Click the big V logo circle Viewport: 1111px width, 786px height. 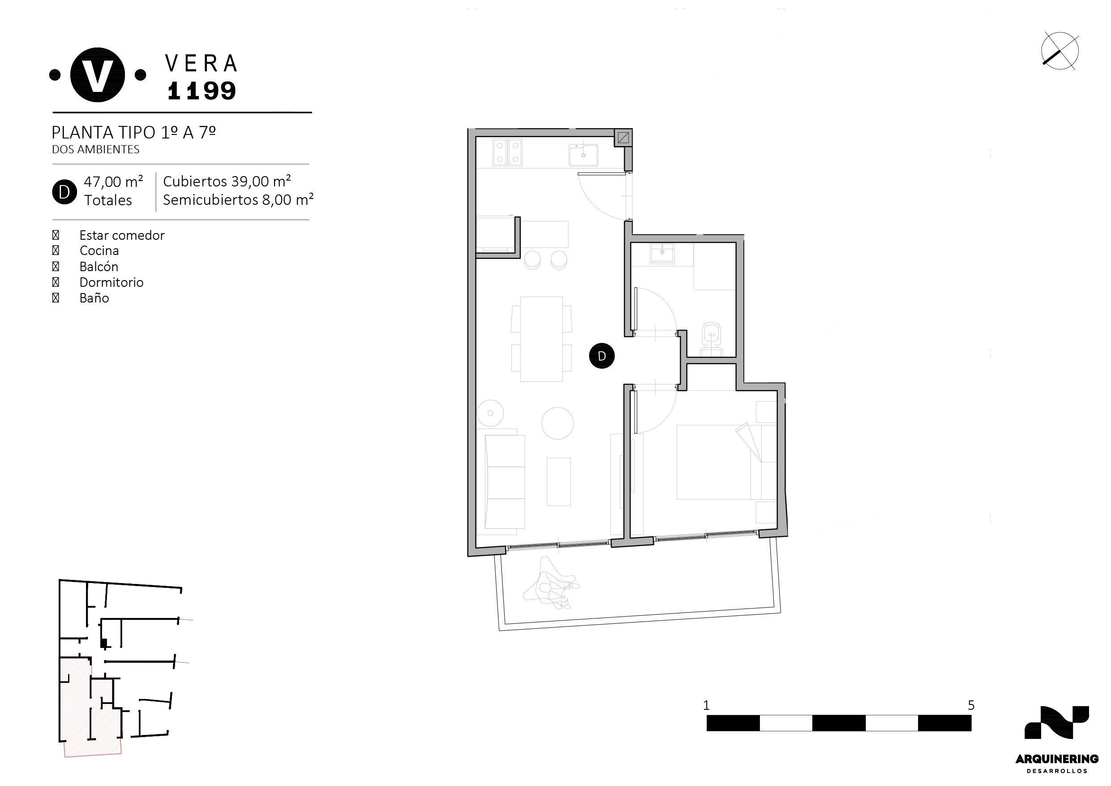click(97, 75)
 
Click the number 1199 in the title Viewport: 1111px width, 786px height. click(202, 91)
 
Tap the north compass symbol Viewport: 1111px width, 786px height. click(1060, 51)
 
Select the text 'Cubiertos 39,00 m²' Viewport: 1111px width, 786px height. click(227, 181)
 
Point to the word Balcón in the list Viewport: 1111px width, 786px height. click(99, 266)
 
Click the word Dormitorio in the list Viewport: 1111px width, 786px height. click(112, 282)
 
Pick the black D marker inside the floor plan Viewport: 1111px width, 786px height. click(601, 356)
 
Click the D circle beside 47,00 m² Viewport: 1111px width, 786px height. click(64, 192)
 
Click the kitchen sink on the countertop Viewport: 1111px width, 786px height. click(583, 155)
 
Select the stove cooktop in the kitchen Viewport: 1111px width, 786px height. click(507, 152)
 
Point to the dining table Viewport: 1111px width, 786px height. click(541, 339)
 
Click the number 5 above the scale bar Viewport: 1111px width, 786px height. click(971, 705)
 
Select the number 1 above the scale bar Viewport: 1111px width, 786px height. click(706, 705)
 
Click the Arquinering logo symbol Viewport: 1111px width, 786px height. click(1057, 722)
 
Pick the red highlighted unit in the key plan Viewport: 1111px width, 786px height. click(90, 707)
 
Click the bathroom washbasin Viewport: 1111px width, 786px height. click(662, 253)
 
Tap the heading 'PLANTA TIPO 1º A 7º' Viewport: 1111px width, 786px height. click(133, 132)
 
